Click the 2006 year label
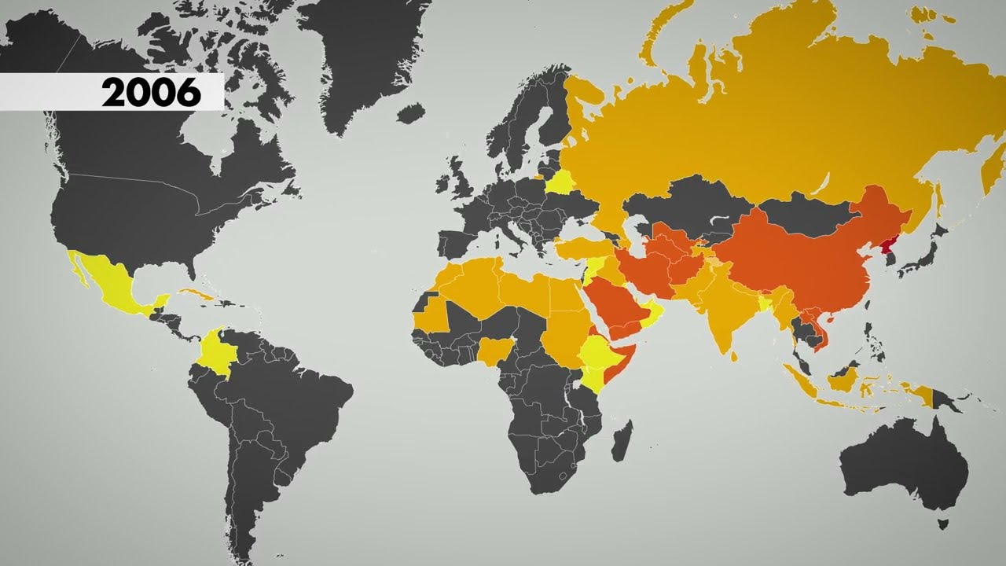pos(151,93)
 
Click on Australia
pos(904,464)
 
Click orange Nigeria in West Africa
pos(494,351)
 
